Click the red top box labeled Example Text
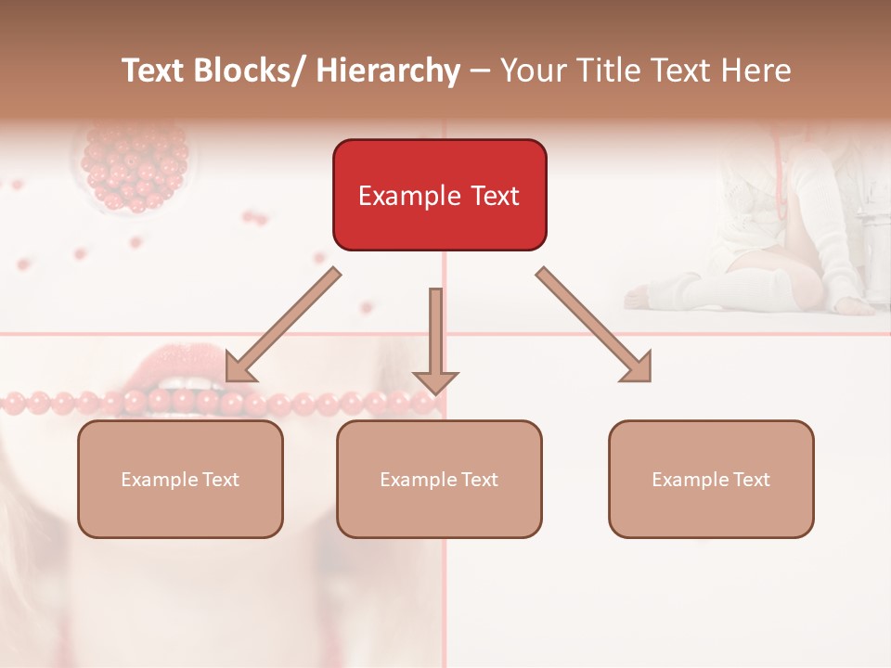[439, 195]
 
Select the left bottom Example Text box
[180, 479]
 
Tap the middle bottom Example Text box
[439, 479]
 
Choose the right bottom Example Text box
[711, 479]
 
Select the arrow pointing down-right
[594, 325]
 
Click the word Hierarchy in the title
[388, 71]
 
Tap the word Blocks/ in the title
[252, 71]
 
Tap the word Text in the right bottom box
[750, 479]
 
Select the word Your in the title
[532, 71]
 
